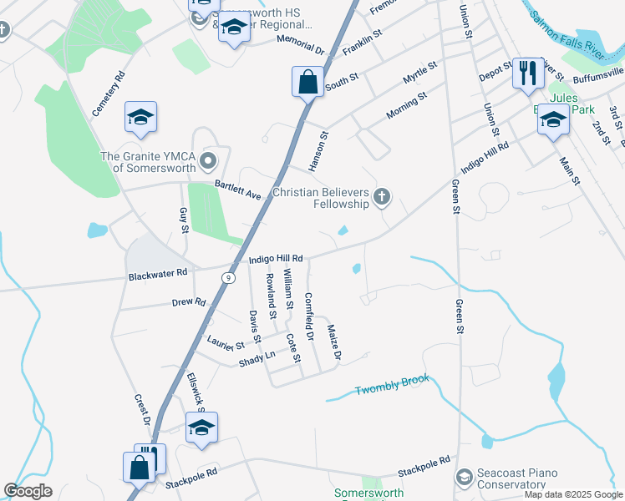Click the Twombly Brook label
coord(392,385)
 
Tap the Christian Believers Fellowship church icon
coord(382,197)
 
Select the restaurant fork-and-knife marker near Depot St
coord(527,73)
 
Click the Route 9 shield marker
coord(227,276)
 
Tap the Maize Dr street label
coord(334,343)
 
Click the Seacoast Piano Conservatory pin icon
coord(463,477)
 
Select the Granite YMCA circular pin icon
coord(208,159)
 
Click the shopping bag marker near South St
coord(307,82)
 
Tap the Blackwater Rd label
coord(158,274)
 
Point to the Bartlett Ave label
coord(238,190)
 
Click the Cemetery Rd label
coord(109,93)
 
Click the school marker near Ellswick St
coord(201,428)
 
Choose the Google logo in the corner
coord(28,491)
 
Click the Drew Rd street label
coord(189,301)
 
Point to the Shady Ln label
coord(257,358)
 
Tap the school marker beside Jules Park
coord(552,120)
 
